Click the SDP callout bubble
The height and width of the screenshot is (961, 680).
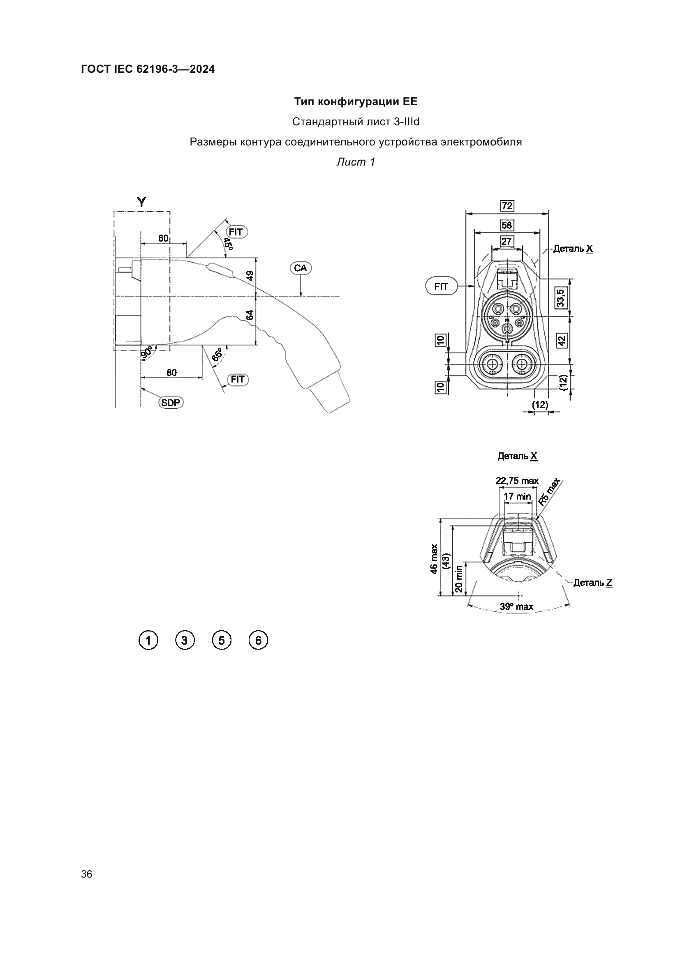(171, 403)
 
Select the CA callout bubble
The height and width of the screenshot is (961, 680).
(301, 268)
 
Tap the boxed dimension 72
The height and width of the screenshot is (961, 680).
(507, 206)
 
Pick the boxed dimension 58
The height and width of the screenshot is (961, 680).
(507, 225)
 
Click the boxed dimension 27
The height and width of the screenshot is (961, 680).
(506, 242)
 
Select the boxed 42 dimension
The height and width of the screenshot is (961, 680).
(562, 341)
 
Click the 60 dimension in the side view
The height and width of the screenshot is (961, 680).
(163, 238)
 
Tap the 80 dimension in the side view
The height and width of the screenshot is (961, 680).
(172, 372)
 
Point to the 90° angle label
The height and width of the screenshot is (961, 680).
(147, 353)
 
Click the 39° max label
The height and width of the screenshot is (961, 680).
(516, 606)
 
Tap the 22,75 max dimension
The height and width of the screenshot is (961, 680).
(517, 481)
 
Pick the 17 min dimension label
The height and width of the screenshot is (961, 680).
(517, 496)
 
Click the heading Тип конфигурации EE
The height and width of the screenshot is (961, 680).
(356, 102)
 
